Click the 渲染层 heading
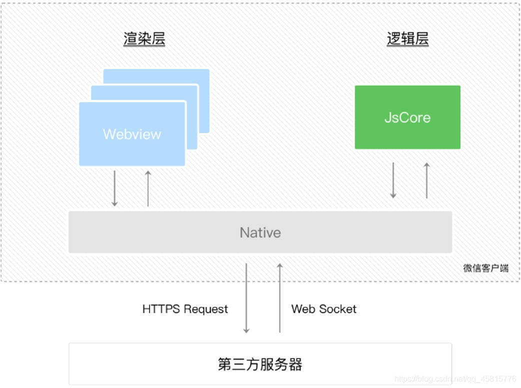coord(144,39)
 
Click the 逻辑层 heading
coord(407,39)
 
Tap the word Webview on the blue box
coord(132,134)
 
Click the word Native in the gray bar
coord(260,232)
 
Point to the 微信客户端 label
coord(485,268)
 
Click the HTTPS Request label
coord(185,309)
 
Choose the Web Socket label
coord(324,309)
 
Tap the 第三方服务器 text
coord(260,364)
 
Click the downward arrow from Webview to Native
coord(114,188)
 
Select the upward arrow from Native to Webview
coord(148,188)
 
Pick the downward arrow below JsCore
coord(393,180)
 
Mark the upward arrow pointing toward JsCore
coord(426,180)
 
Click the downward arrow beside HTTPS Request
coord(246,298)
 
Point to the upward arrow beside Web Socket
coord(279,298)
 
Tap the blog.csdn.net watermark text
coord(455,379)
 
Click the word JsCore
coord(407,117)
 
